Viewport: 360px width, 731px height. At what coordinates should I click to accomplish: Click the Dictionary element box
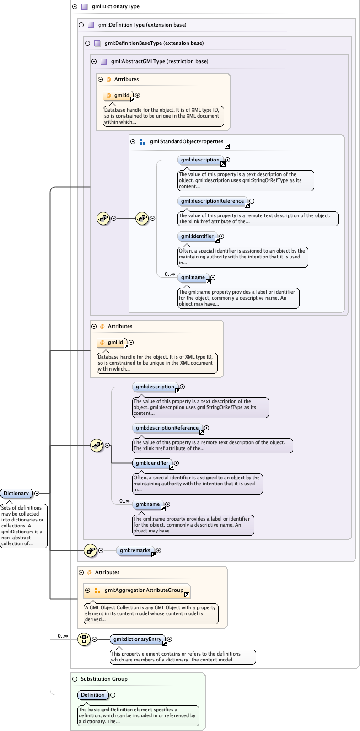[16, 493]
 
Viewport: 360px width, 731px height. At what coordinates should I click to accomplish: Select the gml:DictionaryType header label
[115, 6]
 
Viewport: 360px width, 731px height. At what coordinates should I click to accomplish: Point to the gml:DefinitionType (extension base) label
[142, 25]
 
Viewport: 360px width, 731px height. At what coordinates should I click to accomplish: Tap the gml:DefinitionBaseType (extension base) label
[154, 43]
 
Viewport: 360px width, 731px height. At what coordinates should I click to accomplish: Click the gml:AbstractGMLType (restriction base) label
[159, 61]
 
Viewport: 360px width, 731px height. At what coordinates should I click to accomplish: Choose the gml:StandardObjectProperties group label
[186, 142]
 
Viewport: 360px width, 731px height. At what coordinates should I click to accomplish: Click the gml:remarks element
[135, 551]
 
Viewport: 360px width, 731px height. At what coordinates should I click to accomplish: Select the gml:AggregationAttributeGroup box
[143, 590]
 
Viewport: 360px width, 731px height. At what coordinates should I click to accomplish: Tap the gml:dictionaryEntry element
[137, 639]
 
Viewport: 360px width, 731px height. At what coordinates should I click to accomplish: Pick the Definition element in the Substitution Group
[93, 695]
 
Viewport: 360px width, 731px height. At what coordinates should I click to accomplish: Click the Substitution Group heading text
[104, 679]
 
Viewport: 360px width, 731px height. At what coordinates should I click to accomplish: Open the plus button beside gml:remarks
[159, 551]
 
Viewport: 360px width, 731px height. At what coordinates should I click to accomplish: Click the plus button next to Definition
[113, 695]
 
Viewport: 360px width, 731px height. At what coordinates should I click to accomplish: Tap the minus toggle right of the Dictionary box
[37, 493]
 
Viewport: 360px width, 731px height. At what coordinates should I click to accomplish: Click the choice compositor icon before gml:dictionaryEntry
[84, 639]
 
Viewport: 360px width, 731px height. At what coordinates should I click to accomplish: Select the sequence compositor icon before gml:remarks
[90, 551]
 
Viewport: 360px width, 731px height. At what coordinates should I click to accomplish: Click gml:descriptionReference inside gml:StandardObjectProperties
[212, 201]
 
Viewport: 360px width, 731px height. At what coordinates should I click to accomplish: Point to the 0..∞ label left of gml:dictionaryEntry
[63, 636]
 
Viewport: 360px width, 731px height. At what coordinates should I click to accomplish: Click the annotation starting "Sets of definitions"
[23, 526]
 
